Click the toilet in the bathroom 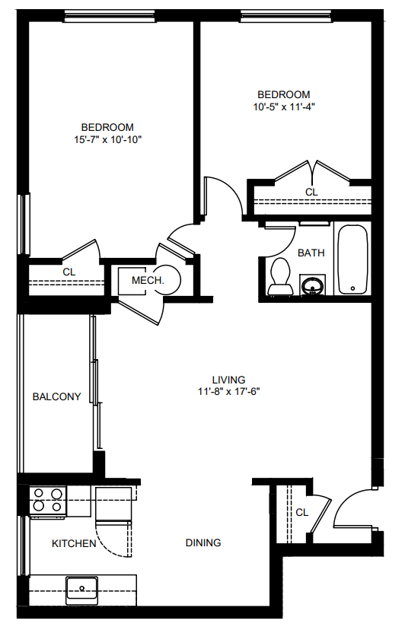(279, 276)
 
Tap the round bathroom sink (313, 286)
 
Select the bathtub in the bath (352, 259)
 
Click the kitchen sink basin (81, 590)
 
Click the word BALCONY (56, 397)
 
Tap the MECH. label (148, 281)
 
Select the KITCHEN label (74, 543)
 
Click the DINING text (203, 542)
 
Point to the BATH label (311, 253)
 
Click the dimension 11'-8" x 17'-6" (229, 391)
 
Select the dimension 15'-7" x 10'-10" (108, 140)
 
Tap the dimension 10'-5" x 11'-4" (284, 107)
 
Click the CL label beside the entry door (301, 512)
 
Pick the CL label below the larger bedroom (69, 272)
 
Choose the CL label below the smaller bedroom (311, 192)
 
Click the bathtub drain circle (352, 288)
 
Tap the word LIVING (229, 380)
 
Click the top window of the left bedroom (110, 16)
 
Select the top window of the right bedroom (286, 16)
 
